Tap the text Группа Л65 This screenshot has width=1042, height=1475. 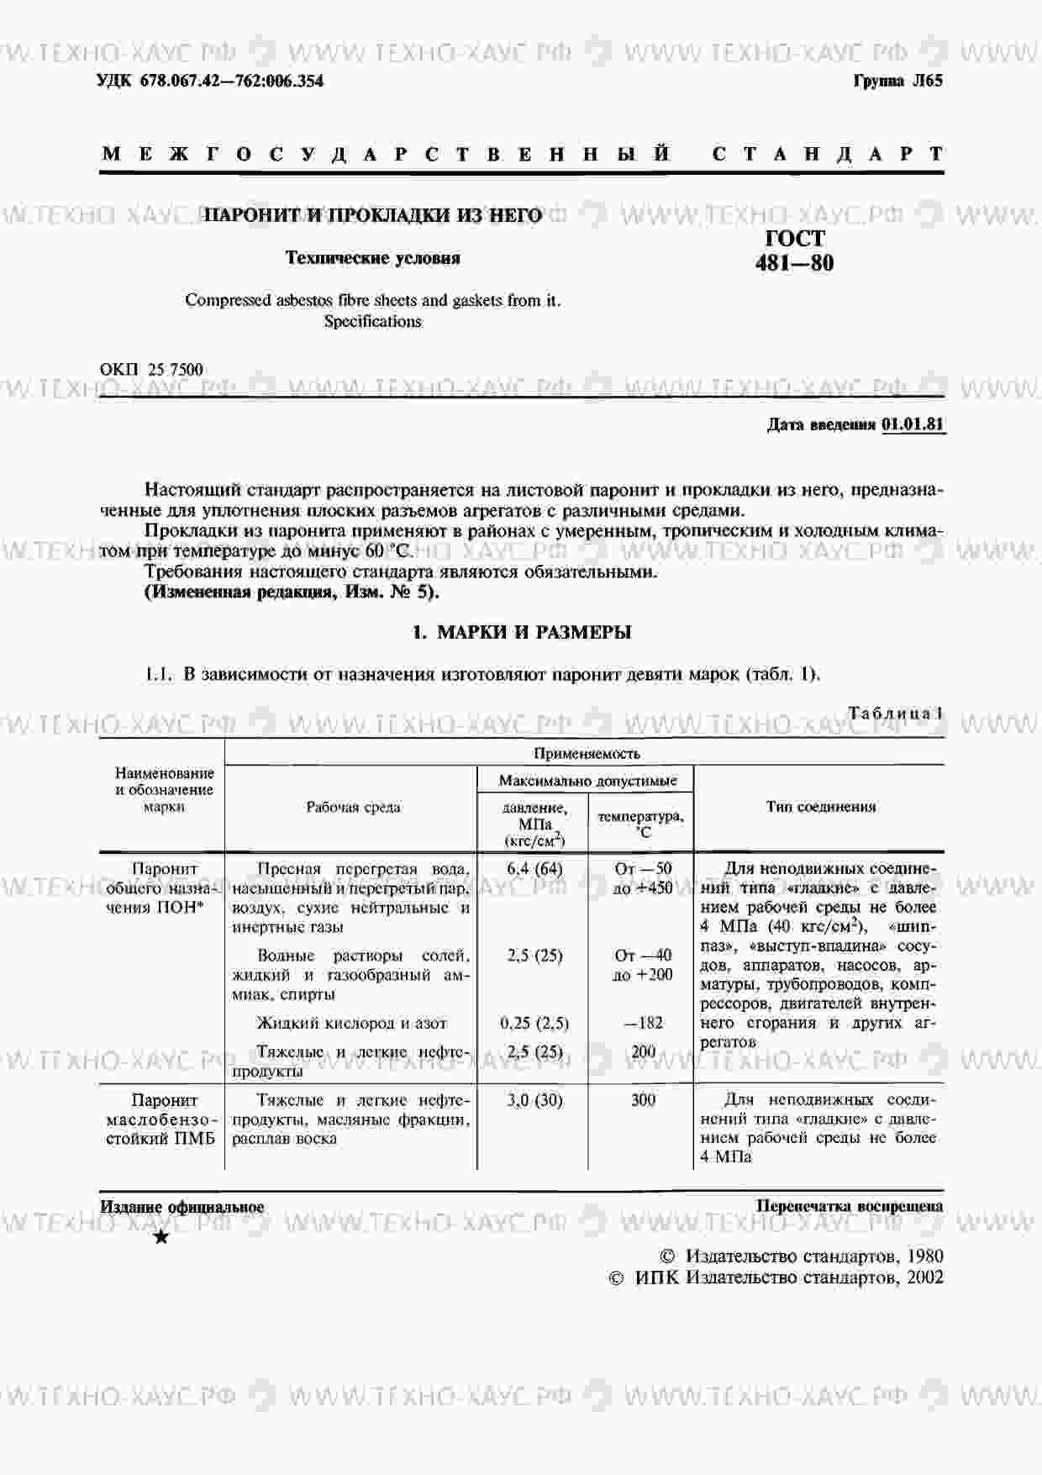(898, 81)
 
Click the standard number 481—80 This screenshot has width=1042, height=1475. (794, 264)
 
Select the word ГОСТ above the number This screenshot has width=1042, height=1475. (795, 239)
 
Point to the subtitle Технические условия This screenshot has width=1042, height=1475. (372, 258)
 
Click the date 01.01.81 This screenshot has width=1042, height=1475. (913, 424)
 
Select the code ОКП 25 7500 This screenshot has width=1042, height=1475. (151, 370)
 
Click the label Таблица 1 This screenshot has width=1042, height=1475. (895, 714)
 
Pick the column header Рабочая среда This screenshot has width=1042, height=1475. (353, 807)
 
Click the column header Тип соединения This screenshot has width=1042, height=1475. (820, 807)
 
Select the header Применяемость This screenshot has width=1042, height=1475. (586, 753)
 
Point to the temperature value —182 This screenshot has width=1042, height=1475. (643, 1023)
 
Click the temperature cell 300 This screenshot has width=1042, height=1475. (643, 1099)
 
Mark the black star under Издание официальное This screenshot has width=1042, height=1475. (161, 1237)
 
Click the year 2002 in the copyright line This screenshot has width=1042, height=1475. (924, 1277)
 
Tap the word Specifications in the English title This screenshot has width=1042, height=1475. (372, 321)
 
